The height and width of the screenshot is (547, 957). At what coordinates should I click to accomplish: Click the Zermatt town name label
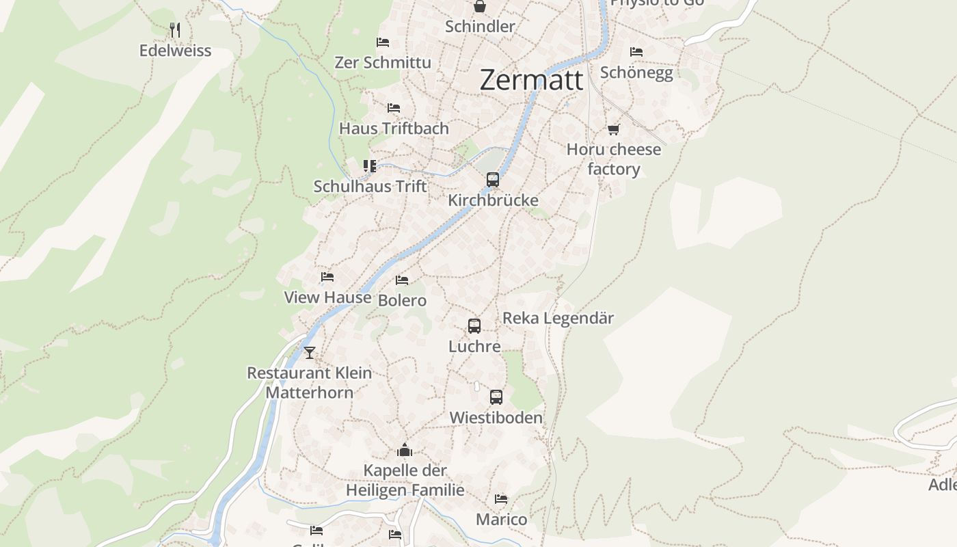[x=531, y=79]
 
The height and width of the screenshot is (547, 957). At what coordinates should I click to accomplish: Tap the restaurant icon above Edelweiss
[x=175, y=29]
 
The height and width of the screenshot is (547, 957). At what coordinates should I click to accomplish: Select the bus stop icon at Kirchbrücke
[x=492, y=180]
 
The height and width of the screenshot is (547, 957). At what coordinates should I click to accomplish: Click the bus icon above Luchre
[x=474, y=326]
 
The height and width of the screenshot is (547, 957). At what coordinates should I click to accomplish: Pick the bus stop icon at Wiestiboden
[x=496, y=397]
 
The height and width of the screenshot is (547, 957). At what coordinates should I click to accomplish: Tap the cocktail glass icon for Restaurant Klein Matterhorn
[x=310, y=353]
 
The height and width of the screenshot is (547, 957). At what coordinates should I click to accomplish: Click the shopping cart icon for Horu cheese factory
[x=613, y=129]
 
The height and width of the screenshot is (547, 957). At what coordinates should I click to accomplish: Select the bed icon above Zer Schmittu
[x=383, y=42]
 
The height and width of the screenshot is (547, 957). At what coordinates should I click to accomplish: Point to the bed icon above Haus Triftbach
[x=393, y=108]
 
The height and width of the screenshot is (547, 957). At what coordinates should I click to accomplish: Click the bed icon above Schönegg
[x=636, y=52]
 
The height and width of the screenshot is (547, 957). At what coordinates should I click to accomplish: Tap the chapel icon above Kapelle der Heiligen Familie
[x=405, y=451]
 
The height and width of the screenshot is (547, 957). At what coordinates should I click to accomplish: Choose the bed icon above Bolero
[x=402, y=280]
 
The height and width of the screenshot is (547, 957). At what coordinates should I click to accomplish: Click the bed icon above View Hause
[x=327, y=277]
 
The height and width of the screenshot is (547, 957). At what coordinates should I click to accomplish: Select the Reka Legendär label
[x=558, y=318]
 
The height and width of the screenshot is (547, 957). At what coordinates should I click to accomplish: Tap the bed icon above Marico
[x=501, y=499]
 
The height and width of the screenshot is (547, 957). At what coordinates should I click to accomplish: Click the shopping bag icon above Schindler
[x=480, y=7]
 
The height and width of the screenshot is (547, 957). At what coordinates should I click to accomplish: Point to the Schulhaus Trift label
[x=370, y=186]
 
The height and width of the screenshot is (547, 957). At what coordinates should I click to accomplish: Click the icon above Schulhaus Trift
[x=370, y=166]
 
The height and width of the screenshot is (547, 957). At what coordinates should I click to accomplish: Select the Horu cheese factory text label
[x=613, y=159]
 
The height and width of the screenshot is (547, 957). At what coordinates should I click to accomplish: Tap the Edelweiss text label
[x=175, y=51]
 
